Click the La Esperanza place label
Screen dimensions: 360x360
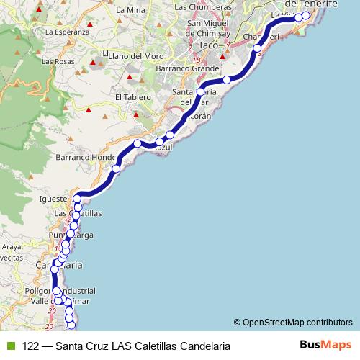point(67,32)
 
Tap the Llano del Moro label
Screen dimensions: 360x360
point(133,55)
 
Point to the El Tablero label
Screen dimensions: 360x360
point(132,97)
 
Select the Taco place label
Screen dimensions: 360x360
point(208,45)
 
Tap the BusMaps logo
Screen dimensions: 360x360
point(325,345)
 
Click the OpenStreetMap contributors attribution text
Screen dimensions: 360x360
point(297,322)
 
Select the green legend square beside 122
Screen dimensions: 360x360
point(10,346)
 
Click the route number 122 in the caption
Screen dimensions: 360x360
point(31,346)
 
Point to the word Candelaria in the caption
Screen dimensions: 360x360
point(205,346)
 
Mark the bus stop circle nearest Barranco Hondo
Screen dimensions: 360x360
point(116,169)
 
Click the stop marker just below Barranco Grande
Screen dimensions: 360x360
point(227,79)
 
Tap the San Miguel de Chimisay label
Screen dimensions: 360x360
point(208,27)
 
